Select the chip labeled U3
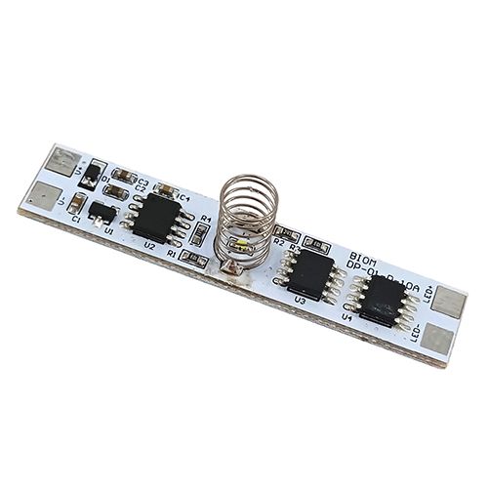[309, 274]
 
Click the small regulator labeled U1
[102, 209]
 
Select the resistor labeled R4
[202, 235]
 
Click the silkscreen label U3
[301, 302]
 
